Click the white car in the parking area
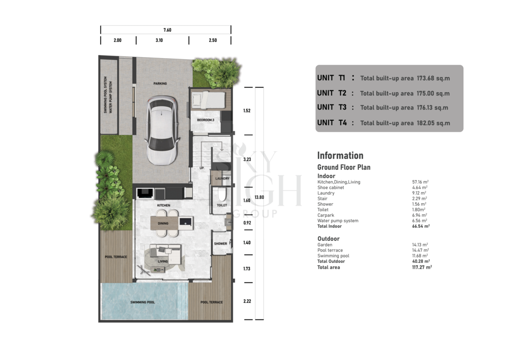click(x=162, y=130)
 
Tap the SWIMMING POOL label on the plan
click(x=142, y=302)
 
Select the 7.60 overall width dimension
click(x=167, y=30)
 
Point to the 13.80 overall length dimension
click(x=259, y=197)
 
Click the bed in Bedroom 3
click(x=208, y=100)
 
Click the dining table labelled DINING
click(x=164, y=223)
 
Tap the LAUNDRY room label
click(x=222, y=178)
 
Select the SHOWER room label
click(x=221, y=243)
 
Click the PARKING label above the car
click(x=160, y=83)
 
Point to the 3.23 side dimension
click(x=247, y=159)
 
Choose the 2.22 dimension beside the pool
click(x=247, y=301)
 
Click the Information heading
click(x=340, y=155)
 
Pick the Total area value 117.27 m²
click(x=422, y=267)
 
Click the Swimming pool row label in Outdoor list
click(x=333, y=256)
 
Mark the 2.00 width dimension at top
click(x=118, y=40)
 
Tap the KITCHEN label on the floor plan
click(x=163, y=206)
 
